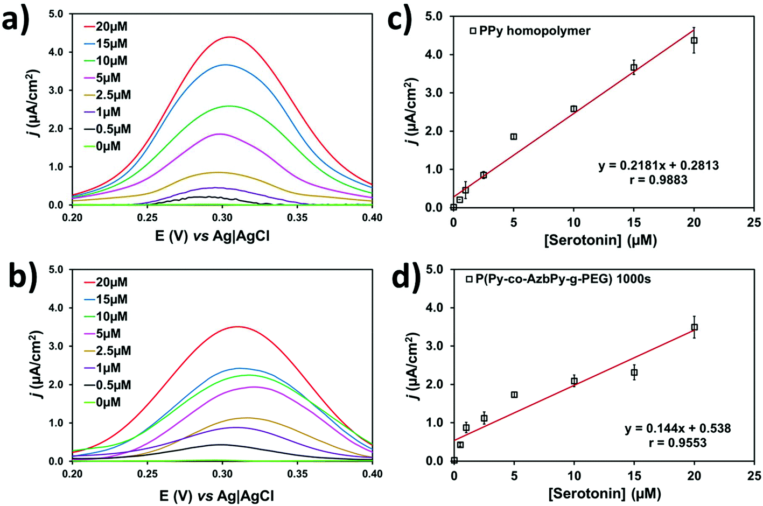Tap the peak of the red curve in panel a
[230, 37]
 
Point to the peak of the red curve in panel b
[237, 326]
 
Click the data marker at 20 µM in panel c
[694, 40]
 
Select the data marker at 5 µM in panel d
[514, 395]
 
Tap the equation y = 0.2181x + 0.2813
[658, 165]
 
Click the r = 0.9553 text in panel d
[677, 442]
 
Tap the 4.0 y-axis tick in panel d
[437, 308]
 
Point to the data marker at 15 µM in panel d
[634, 373]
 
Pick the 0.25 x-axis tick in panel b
[147, 474]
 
